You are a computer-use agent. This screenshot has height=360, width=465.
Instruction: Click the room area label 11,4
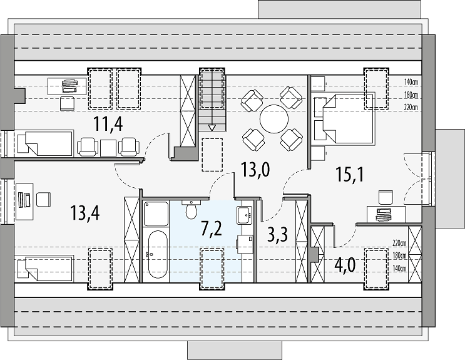[x=108, y=124]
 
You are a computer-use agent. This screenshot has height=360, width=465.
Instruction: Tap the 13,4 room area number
[x=85, y=212]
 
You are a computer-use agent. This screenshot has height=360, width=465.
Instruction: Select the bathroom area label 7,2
[x=211, y=229]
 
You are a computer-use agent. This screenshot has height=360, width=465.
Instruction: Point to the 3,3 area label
[x=277, y=235]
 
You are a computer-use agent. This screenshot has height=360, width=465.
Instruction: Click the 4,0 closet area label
[x=345, y=265]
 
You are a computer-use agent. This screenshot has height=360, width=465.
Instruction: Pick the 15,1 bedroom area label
[x=350, y=174]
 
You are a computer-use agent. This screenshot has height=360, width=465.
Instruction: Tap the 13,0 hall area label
[x=255, y=170]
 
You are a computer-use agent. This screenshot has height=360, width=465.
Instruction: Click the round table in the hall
[x=274, y=119]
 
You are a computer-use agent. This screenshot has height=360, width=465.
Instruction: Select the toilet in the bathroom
[x=192, y=210]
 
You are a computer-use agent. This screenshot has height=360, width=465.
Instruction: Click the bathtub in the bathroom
[x=158, y=254]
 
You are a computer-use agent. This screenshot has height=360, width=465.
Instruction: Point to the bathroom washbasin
[x=244, y=215]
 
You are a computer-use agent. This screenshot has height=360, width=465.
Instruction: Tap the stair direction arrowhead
[x=212, y=128]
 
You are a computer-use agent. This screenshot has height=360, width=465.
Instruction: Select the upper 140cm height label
[x=411, y=82]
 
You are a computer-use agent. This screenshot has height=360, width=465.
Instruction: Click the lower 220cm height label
[x=399, y=244]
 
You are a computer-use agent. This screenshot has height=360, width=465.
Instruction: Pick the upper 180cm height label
[x=411, y=95]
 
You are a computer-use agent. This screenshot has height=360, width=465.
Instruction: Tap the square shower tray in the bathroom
[x=156, y=214]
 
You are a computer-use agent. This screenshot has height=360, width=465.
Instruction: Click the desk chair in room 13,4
[x=44, y=199]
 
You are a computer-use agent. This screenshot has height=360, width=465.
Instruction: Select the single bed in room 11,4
[x=44, y=143]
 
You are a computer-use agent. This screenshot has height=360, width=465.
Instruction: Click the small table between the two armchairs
[x=108, y=148]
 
